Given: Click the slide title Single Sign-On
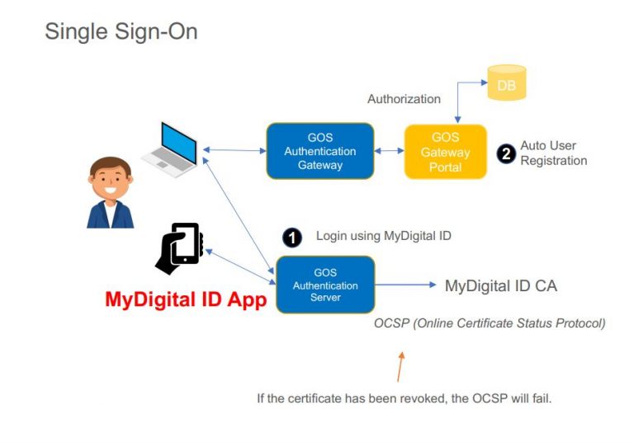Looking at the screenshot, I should [121, 31].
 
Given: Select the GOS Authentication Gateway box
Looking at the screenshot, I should [319, 151].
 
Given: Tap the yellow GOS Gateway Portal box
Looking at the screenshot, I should [446, 152].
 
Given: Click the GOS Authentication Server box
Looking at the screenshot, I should [325, 285].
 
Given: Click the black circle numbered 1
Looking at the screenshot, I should [291, 238].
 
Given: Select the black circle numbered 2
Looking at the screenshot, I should [505, 153].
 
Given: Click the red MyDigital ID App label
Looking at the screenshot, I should [186, 299].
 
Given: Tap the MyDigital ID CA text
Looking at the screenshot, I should [500, 286].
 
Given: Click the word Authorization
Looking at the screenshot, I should [404, 99].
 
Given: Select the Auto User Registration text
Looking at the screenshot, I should [553, 153].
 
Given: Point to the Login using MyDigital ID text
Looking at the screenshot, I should [383, 236].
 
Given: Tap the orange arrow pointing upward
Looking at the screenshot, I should [400, 366].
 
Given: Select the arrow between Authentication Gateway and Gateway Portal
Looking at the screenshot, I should [389, 151].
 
